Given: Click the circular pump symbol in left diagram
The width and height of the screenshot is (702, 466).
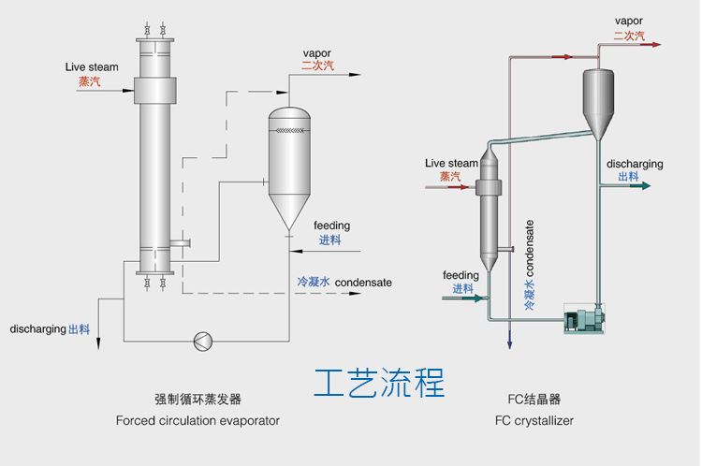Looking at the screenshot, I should [x=202, y=341].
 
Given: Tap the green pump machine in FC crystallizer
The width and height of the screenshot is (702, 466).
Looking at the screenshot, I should [x=583, y=320].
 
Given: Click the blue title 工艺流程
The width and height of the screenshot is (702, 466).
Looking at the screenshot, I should [x=379, y=383].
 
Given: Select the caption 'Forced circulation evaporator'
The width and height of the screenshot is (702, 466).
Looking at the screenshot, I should [x=197, y=421].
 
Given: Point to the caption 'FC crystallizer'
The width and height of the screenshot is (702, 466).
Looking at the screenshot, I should [x=534, y=421].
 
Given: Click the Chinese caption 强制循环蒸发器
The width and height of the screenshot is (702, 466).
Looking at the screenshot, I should [x=197, y=399].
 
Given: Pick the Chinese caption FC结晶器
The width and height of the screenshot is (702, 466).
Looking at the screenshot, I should [x=534, y=399].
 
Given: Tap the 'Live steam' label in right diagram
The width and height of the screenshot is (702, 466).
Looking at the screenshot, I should [x=451, y=163].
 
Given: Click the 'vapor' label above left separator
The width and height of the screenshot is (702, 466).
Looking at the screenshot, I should [x=316, y=52].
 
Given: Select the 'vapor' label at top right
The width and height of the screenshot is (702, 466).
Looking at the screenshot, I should [x=629, y=20].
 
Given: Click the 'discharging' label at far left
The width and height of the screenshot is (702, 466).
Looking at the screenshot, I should [x=38, y=329].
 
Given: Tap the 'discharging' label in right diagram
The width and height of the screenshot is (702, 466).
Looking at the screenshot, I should [x=635, y=164].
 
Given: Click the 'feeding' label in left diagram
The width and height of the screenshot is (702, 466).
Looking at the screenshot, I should [x=331, y=226].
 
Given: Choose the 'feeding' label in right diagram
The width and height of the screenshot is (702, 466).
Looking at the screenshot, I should [x=461, y=275].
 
